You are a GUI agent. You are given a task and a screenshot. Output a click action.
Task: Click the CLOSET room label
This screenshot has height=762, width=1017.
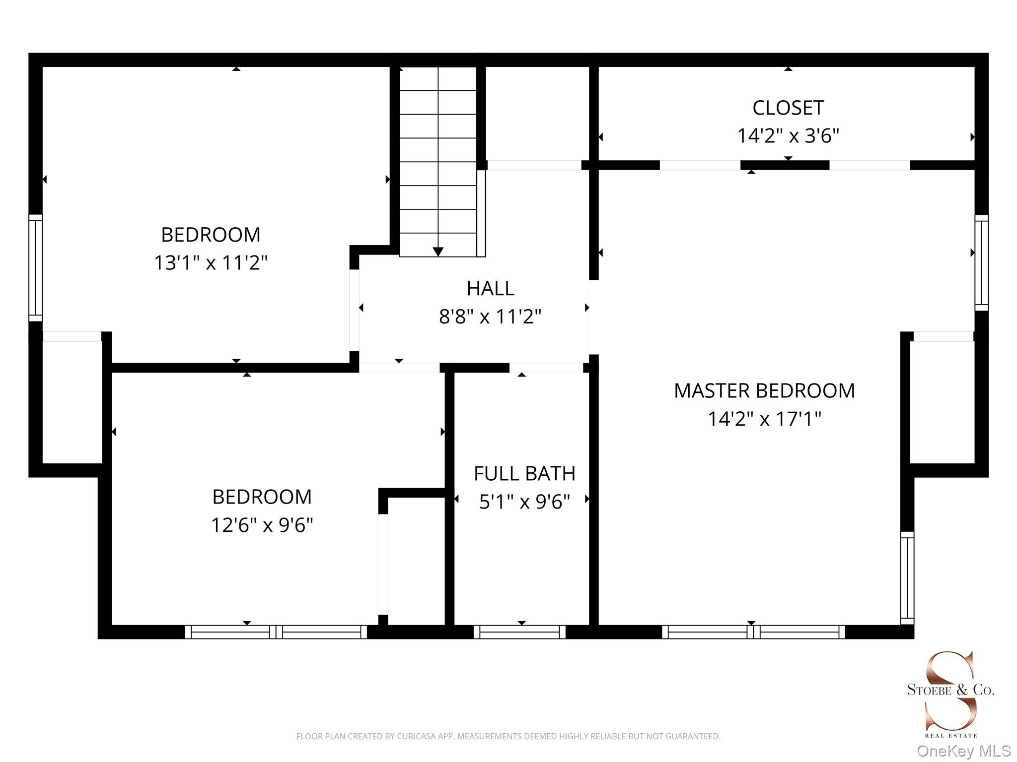coord(788,108)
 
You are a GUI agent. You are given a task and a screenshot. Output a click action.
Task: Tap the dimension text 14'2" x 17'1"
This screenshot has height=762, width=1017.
coord(764,419)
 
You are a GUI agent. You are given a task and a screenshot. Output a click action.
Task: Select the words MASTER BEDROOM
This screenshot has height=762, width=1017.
coord(764,391)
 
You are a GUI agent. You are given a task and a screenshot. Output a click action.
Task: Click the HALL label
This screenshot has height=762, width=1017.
coord(490,288)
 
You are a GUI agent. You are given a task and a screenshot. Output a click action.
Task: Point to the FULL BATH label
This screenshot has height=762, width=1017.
coord(524,473)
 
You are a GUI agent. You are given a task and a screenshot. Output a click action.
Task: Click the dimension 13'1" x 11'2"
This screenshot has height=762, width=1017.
coord(211,262)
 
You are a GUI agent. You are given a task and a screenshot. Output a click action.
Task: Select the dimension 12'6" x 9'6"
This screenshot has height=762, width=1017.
coord(262,524)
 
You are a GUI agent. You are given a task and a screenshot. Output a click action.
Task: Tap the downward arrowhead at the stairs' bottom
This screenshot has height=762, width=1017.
coord(438,252)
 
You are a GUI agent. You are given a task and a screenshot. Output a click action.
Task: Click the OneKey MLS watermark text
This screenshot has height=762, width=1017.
coord(964,751)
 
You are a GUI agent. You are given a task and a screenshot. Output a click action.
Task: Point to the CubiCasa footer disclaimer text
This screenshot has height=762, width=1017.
coord(508,736)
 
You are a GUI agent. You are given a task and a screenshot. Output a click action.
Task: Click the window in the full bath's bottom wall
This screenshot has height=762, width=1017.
coord(519,632)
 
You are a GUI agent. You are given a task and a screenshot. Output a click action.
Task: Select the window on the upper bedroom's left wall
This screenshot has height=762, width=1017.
coord(35,268)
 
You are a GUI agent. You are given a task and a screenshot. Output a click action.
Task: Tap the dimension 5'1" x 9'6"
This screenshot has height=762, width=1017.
coord(524,502)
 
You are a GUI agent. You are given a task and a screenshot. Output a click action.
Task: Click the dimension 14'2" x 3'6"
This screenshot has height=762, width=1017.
coord(788,135)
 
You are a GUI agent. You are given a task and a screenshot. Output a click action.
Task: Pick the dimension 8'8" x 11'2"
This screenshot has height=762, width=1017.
coord(490,316)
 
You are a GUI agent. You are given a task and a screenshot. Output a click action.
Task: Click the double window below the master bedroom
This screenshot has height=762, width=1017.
coord(753,632)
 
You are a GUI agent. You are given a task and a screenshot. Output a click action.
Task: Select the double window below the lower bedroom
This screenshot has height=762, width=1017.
coord(276,632)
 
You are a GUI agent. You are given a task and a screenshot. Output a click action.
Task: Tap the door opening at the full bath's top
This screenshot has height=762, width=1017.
coord(546,368)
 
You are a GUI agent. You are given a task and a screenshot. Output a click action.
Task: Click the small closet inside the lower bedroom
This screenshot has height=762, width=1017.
coord(416,561)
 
